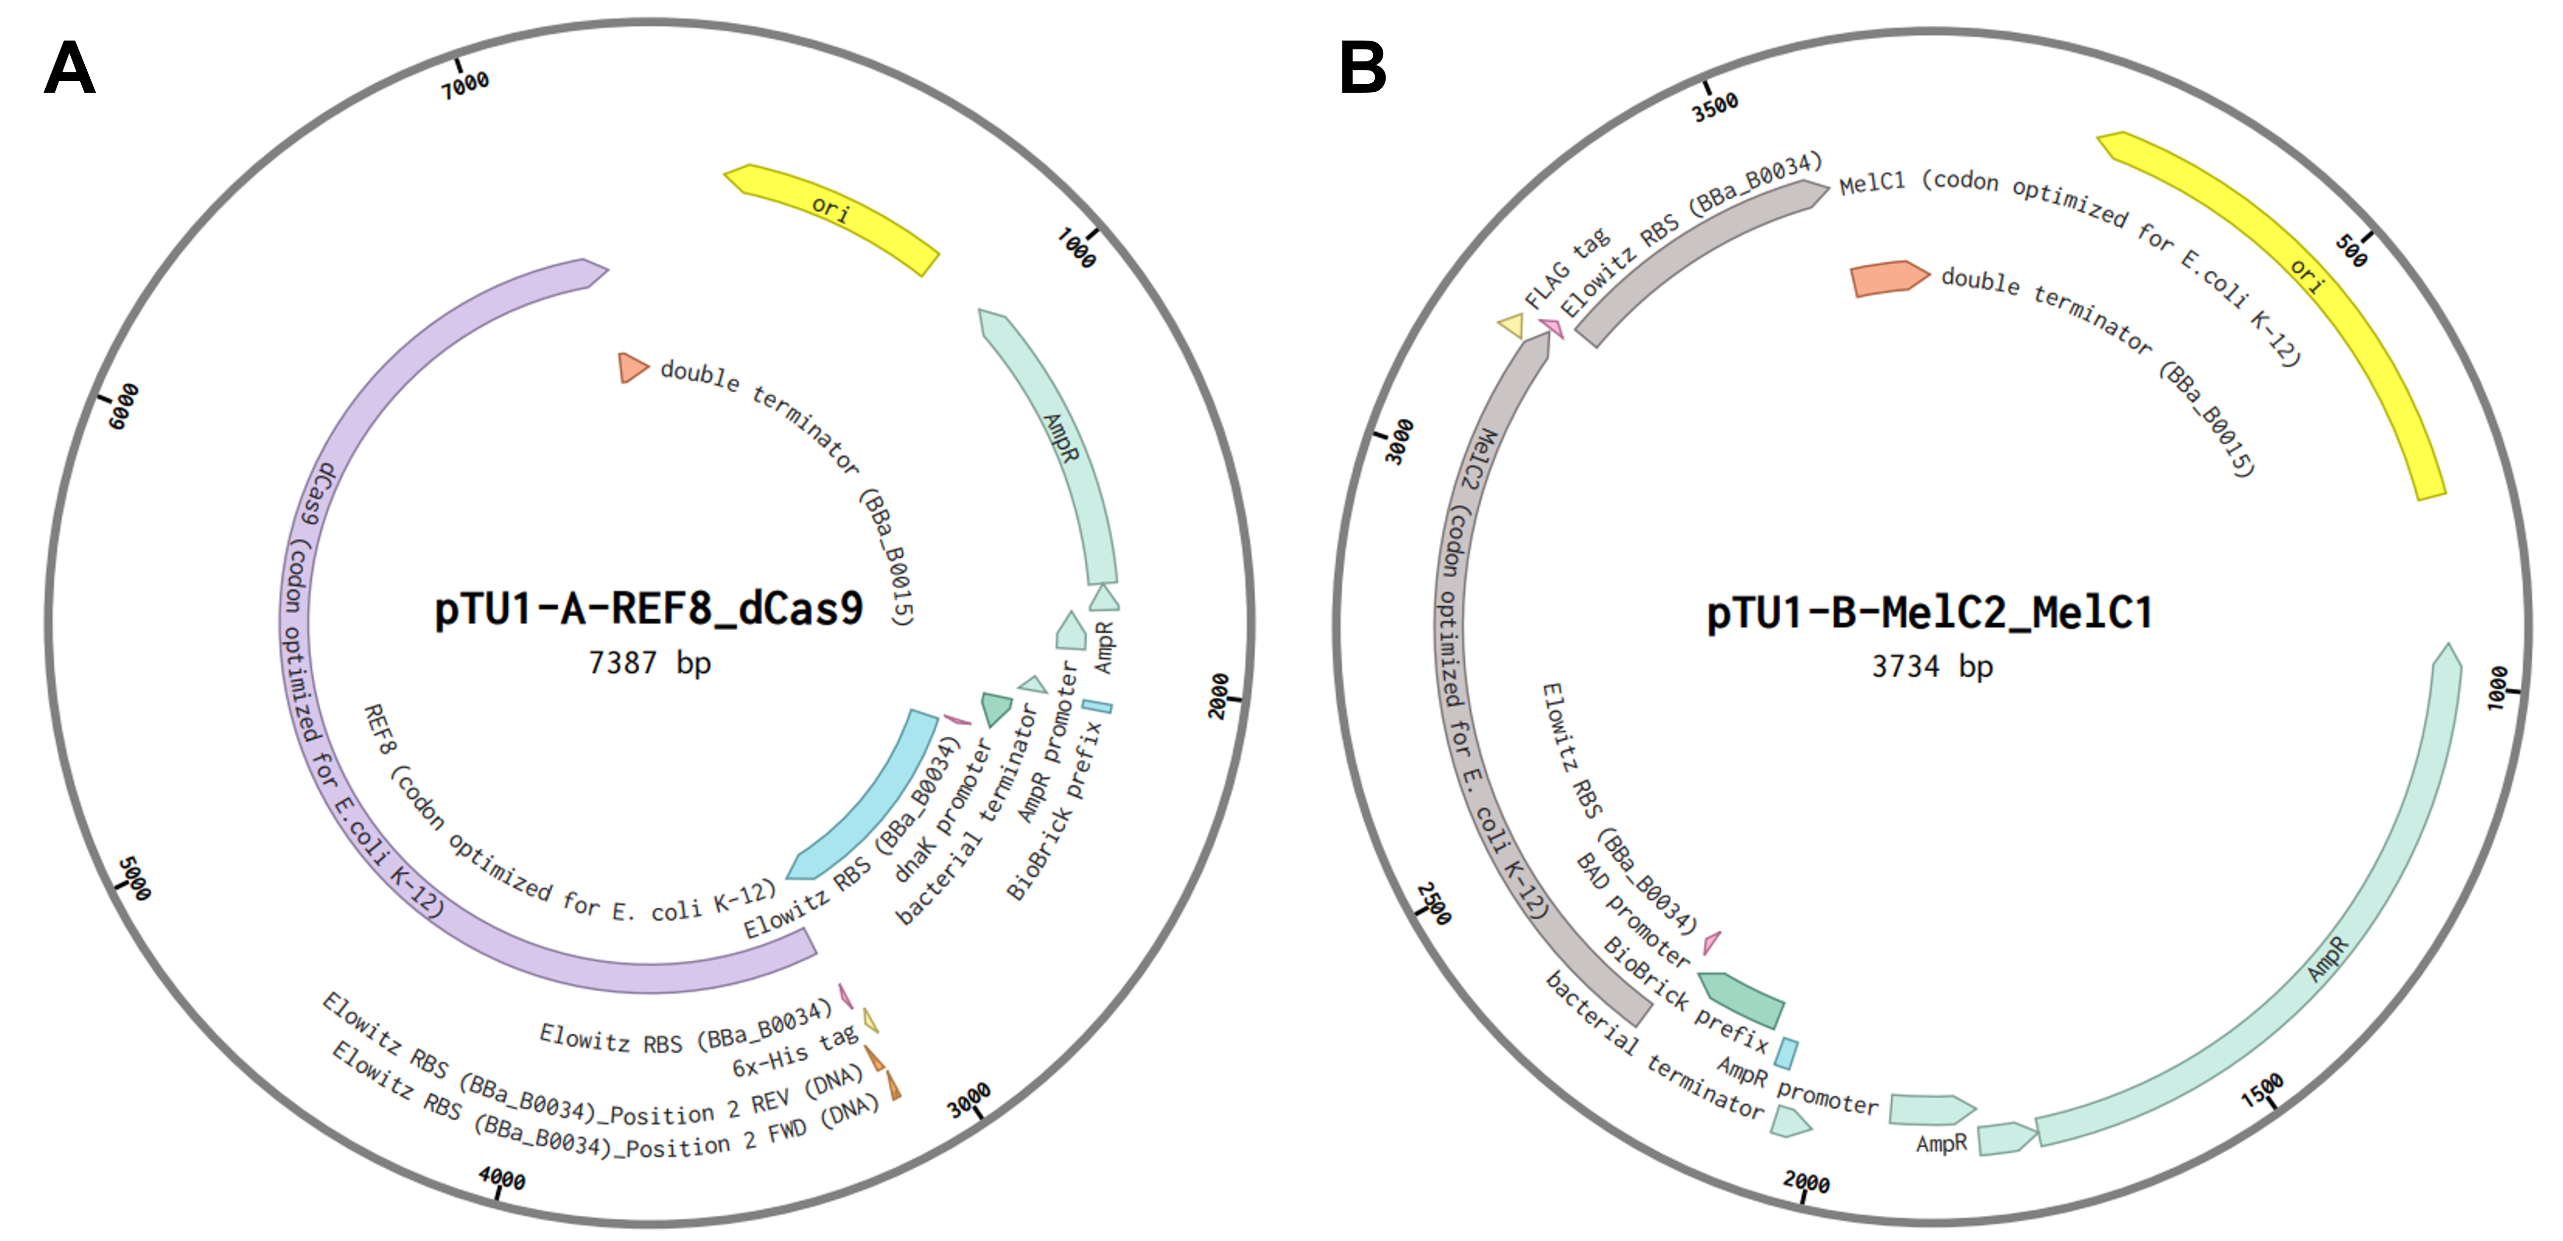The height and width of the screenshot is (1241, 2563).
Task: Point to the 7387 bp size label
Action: click(650, 663)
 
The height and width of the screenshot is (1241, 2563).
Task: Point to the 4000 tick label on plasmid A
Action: click(502, 1179)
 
